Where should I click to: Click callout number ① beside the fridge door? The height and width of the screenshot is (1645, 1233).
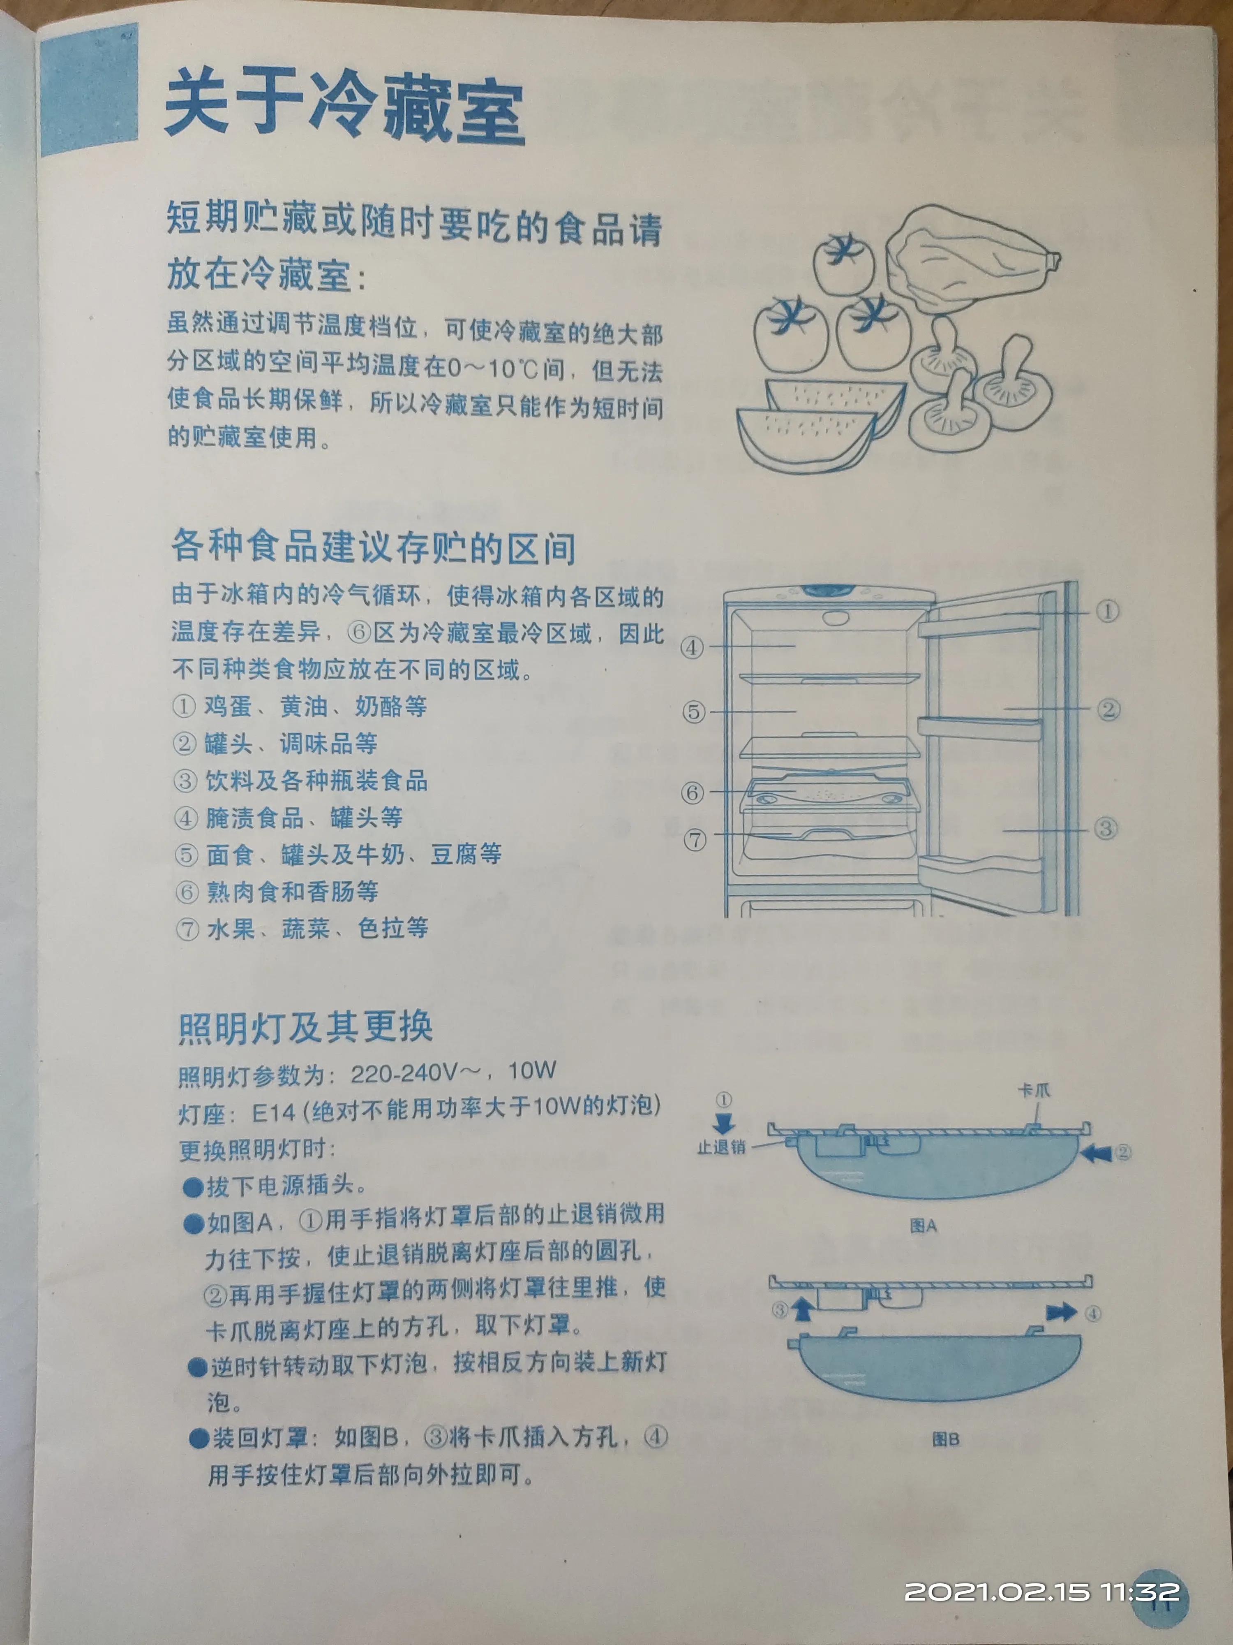1107,611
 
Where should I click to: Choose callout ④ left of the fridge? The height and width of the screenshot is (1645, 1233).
693,647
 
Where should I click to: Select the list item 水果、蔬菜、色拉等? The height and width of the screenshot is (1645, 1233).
316,928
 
